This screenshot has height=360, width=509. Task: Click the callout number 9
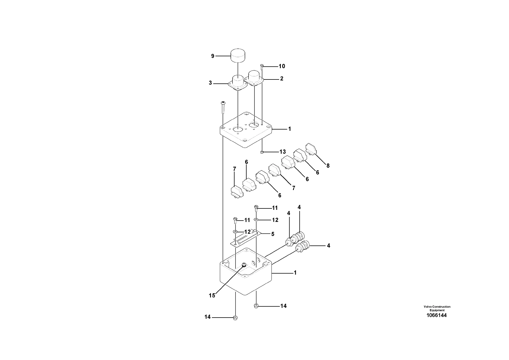coord(213,56)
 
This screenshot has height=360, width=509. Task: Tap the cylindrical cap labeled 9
coord(238,56)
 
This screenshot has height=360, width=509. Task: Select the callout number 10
coord(282,66)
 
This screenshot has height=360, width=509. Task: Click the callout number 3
coord(210,83)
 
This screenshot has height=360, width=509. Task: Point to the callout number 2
coord(281,79)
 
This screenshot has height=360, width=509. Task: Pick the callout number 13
coord(282,152)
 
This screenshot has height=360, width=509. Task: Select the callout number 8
coord(328,166)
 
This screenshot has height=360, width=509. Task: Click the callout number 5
coord(273,234)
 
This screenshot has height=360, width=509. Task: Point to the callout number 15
coord(212,296)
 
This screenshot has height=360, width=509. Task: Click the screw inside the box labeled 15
coord(244,265)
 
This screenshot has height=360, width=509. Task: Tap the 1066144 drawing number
coord(437,315)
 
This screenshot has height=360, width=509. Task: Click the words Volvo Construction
coord(437,307)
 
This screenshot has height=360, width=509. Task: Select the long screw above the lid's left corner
coord(223,107)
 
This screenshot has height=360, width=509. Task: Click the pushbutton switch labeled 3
coord(237,83)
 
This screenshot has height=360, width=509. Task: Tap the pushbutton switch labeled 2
coord(254,78)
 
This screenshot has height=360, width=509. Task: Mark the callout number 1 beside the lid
coord(289,129)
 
